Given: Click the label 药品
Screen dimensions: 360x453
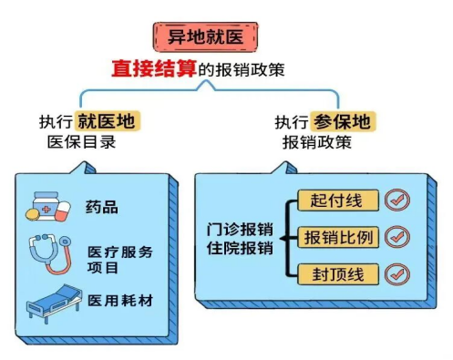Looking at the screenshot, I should click(103, 207).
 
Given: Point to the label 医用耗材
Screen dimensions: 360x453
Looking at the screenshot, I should click(118, 300).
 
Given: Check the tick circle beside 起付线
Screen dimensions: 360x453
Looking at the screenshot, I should click(396, 201).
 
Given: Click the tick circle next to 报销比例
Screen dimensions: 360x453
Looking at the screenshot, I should click(396, 236).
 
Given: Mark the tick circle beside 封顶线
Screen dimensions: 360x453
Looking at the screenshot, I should click(396, 273).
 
